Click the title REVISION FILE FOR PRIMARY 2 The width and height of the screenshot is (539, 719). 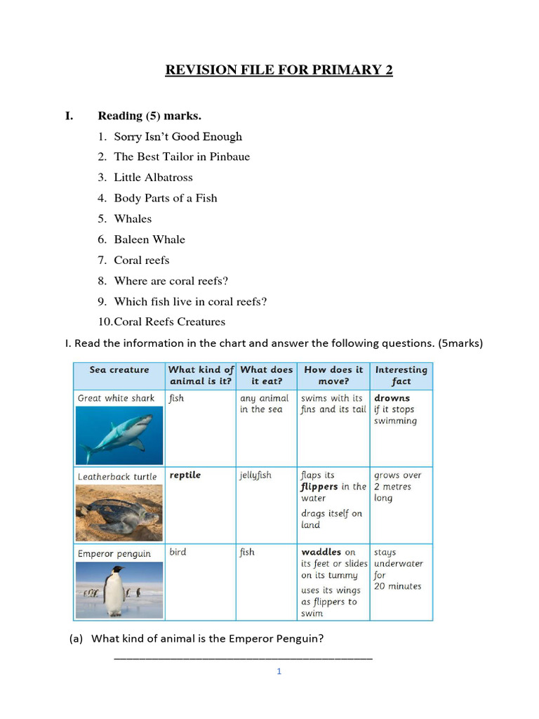(x=279, y=70)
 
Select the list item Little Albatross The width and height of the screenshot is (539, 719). (x=153, y=178)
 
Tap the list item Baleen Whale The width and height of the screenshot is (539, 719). (x=149, y=239)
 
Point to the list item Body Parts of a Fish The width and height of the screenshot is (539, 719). (x=166, y=198)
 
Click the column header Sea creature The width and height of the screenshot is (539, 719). (x=119, y=370)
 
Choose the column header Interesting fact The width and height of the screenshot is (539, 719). (x=401, y=376)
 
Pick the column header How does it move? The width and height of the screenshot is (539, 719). (x=333, y=376)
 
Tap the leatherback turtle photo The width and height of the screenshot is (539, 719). (x=119, y=513)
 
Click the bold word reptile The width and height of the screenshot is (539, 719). (x=185, y=475)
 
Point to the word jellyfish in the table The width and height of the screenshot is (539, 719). (x=255, y=475)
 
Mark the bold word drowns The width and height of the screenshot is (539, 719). (x=392, y=398)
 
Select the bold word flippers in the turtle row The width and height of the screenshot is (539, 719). (x=319, y=487)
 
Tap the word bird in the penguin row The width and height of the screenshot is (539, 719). (x=178, y=553)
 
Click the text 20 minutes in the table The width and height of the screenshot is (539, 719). (x=397, y=586)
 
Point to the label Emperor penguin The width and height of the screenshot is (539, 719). (x=114, y=554)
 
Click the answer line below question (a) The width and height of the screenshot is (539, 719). (x=243, y=659)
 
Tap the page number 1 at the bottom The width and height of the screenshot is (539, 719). (x=279, y=672)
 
